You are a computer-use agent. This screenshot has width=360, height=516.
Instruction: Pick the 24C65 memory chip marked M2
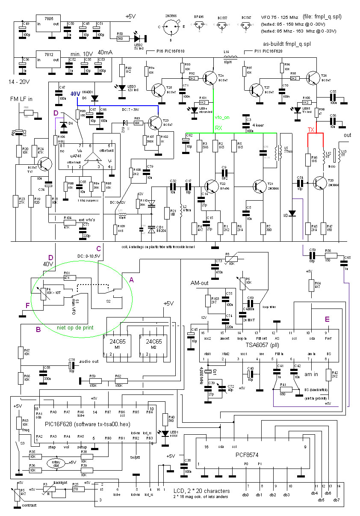(151, 344)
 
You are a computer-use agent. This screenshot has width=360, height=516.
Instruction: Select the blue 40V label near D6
(75, 94)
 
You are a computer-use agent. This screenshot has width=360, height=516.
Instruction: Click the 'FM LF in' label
(22, 100)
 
